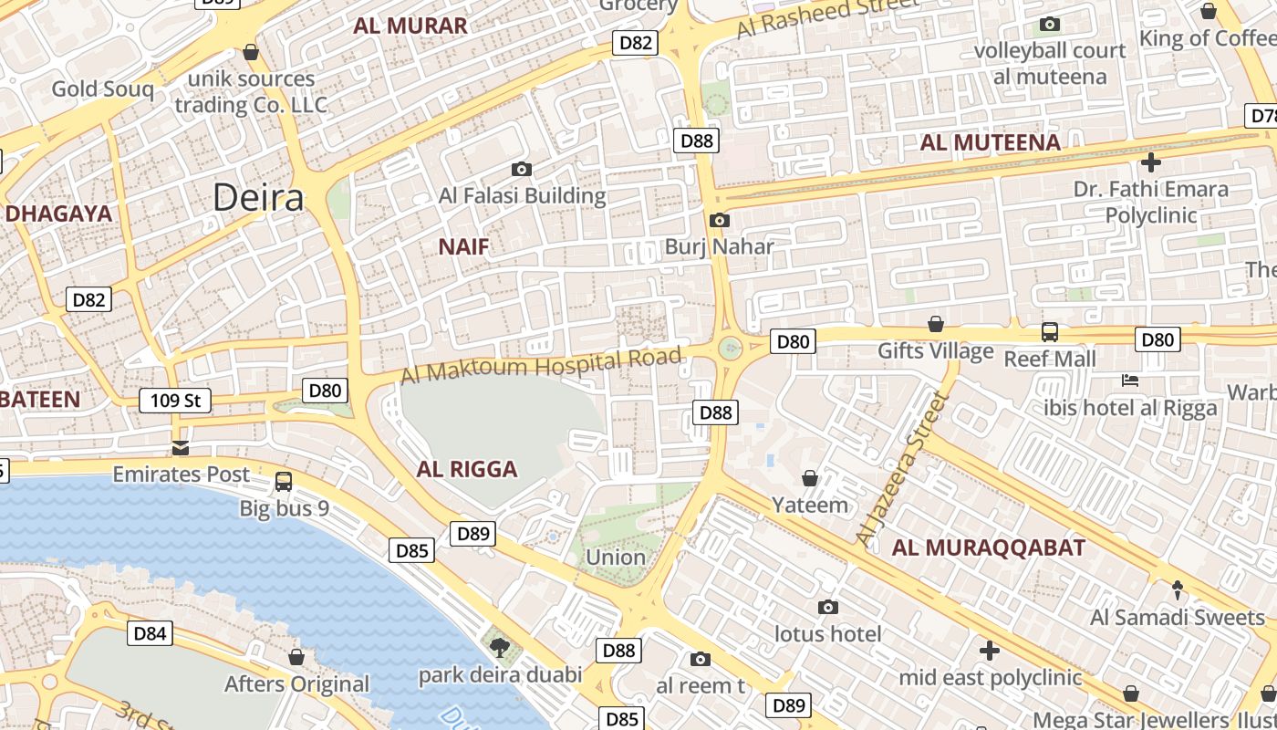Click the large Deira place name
[x=258, y=197]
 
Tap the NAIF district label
[x=463, y=246]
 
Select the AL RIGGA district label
[x=467, y=469]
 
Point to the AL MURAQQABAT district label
[x=989, y=547]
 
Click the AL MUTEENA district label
[x=990, y=142]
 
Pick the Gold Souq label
[x=102, y=89]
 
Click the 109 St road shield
[x=175, y=400]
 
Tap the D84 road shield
[x=150, y=633]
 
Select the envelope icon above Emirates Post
[x=181, y=447]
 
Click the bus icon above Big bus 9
[x=284, y=481]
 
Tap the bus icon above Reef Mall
[x=1050, y=332]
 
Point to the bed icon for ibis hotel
[x=1130, y=381]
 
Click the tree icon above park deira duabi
[x=499, y=648]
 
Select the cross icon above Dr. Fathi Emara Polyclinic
[x=1151, y=162]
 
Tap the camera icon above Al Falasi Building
[x=522, y=169]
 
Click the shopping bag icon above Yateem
[x=810, y=478]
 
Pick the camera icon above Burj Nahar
[x=719, y=220]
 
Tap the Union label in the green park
[x=616, y=557]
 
